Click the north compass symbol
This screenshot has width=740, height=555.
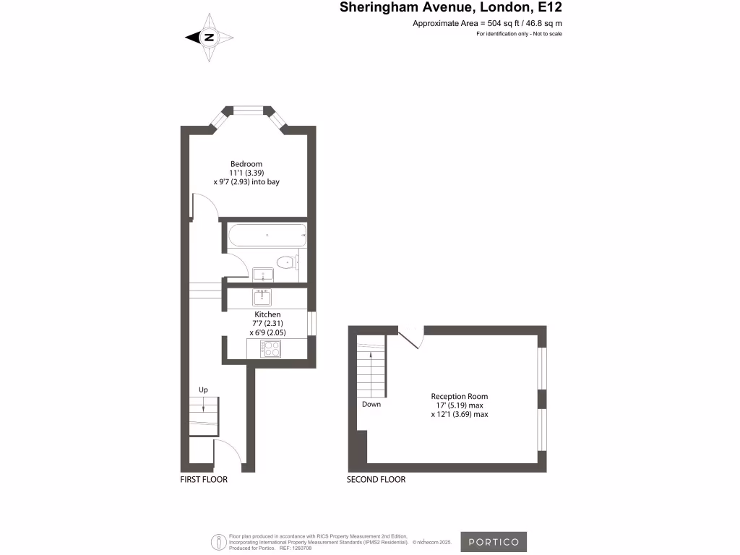coord(210,37)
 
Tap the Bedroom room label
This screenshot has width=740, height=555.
coord(246,164)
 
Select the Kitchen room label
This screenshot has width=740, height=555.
coord(267,315)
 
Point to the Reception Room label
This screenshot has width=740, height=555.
coord(459,397)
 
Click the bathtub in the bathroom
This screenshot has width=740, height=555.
coord(267,235)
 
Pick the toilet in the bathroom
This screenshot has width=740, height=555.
coord(287,262)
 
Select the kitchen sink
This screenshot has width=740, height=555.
coord(262,296)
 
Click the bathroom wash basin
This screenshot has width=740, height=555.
coord(262,273)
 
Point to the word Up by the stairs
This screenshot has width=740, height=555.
coord(203,390)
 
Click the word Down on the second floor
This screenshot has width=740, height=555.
coord(371,405)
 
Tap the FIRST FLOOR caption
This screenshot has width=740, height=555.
coord(204,480)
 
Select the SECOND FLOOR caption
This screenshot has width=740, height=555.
coord(376,480)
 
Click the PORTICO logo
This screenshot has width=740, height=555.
coord(494,542)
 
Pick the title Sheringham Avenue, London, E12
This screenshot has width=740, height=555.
coord(451,9)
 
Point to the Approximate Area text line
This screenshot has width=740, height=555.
coord(487,24)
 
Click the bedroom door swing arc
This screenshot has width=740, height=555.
coord(205,206)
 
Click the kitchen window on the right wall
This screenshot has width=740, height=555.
coord(311,323)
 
